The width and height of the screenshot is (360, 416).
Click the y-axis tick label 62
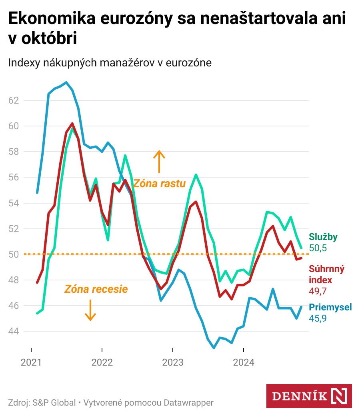[14, 100]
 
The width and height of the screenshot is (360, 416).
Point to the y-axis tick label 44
[14, 331]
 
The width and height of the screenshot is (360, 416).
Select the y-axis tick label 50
[14, 254]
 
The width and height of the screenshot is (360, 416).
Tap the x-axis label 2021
[31, 363]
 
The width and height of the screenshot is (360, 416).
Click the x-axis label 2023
[173, 363]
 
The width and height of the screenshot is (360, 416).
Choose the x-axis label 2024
[244, 363]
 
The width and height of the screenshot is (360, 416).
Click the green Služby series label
[323, 237]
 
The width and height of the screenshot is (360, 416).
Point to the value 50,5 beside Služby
[318, 248]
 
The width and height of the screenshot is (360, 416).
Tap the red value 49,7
[318, 291]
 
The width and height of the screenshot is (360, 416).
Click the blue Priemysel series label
[330, 307]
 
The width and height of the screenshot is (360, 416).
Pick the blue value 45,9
[318, 318]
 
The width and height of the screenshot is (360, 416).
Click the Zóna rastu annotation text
[159, 184]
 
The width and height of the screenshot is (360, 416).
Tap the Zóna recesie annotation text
[96, 289]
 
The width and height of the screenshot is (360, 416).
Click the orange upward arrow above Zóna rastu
[159, 162]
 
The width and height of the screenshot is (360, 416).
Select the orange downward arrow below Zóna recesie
[90, 310]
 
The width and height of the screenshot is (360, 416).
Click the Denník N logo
[309, 396]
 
